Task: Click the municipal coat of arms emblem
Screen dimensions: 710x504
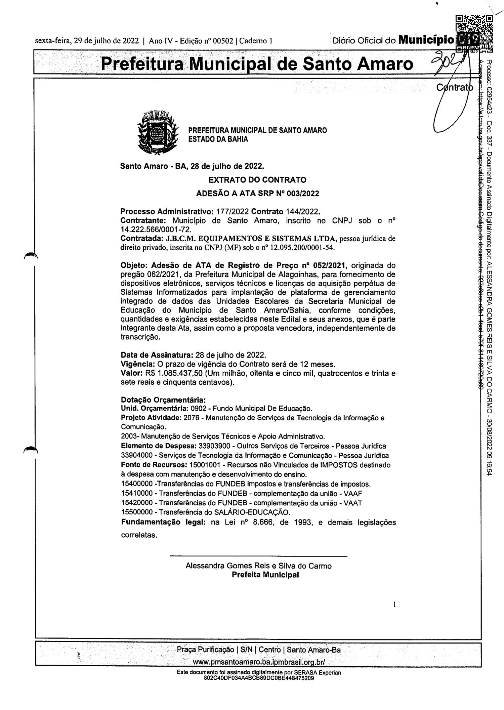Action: tap(157, 132)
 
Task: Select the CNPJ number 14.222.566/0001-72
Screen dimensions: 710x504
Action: tap(156, 229)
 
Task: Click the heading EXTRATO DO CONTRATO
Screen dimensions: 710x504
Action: tap(257, 180)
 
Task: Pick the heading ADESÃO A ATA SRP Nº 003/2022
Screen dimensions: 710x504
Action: tap(257, 194)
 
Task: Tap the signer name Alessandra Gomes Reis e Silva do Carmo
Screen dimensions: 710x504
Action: tap(258, 566)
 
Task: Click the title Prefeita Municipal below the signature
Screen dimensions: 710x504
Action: tap(265, 575)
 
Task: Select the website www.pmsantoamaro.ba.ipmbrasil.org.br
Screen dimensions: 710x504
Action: tap(259, 662)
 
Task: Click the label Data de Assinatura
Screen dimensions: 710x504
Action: tap(157, 355)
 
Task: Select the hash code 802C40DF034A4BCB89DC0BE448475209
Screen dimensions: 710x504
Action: tap(259, 678)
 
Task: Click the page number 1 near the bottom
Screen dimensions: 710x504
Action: tap(394, 605)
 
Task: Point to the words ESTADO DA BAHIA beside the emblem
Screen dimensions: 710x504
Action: tap(218, 139)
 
